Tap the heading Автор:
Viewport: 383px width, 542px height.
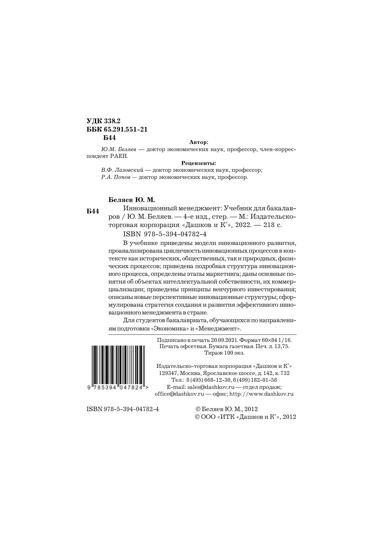199,142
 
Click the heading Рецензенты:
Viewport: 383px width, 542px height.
198,163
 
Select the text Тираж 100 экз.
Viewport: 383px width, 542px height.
224,353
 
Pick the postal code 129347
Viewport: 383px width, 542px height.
167,373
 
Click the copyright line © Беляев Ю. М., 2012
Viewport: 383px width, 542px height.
226,409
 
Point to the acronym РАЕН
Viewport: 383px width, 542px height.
119,156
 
